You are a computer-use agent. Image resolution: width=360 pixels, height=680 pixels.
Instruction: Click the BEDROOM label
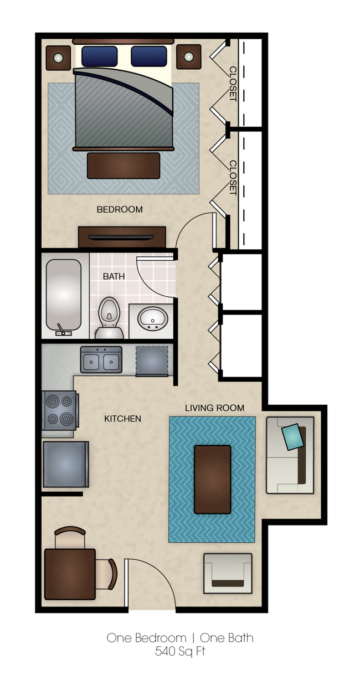pyautogui.click(x=120, y=209)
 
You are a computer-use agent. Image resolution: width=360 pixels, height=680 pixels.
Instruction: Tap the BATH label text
pyautogui.click(x=114, y=276)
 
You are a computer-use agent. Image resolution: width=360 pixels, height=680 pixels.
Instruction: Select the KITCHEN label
pyautogui.click(x=122, y=419)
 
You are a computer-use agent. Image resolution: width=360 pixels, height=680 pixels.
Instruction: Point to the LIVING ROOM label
pyautogui.click(x=214, y=408)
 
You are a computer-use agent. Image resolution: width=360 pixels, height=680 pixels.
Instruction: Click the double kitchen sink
pyautogui.click(x=101, y=360)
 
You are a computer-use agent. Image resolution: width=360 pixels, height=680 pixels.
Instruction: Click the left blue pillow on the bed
pyautogui.click(x=100, y=56)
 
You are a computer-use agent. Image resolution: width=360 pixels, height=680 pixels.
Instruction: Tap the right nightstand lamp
pyautogui.click(x=188, y=56)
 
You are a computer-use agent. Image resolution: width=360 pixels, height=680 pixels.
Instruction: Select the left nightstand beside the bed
pyautogui.click(x=58, y=58)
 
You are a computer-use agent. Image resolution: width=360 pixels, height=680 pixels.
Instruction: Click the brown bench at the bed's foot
pyautogui.click(x=124, y=166)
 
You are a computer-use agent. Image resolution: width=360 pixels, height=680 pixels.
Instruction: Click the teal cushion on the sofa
pyautogui.click(x=293, y=437)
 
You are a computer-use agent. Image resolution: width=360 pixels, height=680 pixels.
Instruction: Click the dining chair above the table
pyautogui.click(x=70, y=537)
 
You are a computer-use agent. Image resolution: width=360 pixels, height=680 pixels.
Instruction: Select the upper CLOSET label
pyautogui.click(x=233, y=84)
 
